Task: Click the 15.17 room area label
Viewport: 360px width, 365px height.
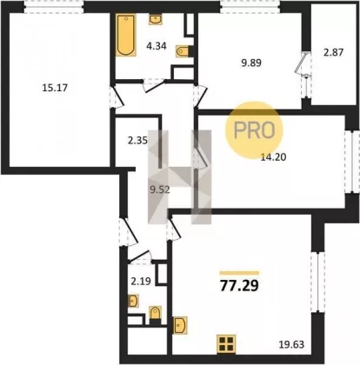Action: [x=55, y=88]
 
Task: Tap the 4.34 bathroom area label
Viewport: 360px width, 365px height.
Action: [x=157, y=46]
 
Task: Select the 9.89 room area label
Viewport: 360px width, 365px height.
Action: [x=251, y=63]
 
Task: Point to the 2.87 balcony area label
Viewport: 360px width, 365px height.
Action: [x=334, y=52]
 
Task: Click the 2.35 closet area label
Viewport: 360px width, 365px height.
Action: [x=137, y=141]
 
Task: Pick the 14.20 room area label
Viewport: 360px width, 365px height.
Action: [x=273, y=157]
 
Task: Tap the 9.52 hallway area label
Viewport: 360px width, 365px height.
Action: [x=160, y=189]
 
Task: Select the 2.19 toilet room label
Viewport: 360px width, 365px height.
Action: [x=141, y=281]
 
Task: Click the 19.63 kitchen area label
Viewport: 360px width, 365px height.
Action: [x=291, y=344]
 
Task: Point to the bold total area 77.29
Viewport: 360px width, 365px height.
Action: [x=239, y=286]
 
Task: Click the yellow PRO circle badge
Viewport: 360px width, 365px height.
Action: [x=254, y=129]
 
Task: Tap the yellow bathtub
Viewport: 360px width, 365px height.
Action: [x=126, y=35]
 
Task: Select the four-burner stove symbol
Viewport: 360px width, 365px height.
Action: [x=226, y=344]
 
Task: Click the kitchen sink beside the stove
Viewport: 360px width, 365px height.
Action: [x=180, y=325]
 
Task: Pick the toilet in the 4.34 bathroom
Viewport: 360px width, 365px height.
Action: [x=183, y=51]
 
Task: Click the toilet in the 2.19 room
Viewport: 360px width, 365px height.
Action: [x=155, y=315]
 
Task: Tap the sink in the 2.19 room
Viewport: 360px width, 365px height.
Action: [x=133, y=301]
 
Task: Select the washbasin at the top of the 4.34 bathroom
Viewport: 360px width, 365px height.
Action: [x=156, y=19]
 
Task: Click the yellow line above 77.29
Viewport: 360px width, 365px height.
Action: [x=239, y=273]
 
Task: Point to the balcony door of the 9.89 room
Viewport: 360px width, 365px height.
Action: [x=303, y=64]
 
